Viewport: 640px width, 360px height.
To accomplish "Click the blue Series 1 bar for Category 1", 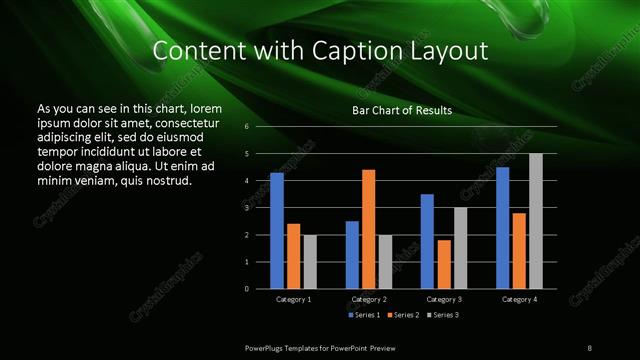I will [277, 231].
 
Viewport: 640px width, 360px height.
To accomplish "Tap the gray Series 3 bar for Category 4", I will [536, 221].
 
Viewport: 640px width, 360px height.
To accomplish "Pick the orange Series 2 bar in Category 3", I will [444, 264].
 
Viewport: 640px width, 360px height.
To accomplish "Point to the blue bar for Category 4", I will [503, 228].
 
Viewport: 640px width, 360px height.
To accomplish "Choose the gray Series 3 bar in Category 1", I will [310, 262].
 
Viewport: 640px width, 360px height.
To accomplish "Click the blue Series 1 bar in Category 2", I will [352, 255].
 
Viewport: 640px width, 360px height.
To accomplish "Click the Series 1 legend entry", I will [363, 315].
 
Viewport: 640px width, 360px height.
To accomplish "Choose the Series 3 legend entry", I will [443, 315].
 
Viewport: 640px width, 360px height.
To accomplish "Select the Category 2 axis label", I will [369, 299].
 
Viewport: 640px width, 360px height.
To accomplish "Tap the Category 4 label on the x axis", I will [519, 299].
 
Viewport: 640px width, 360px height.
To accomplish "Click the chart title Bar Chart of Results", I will [403, 109].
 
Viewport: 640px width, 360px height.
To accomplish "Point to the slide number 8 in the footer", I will [590, 346].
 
